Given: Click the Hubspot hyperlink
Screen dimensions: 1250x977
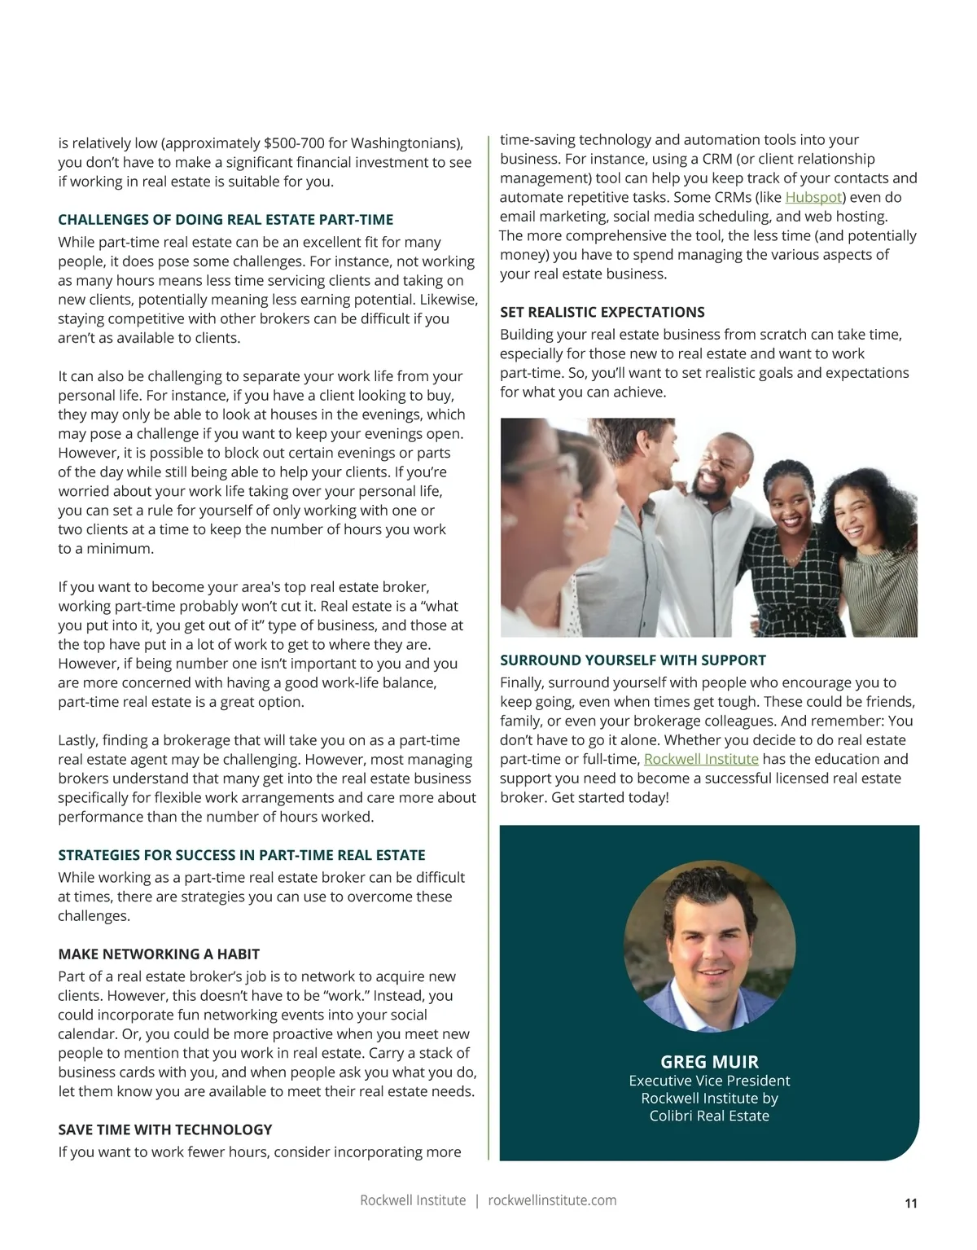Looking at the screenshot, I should tap(813, 198).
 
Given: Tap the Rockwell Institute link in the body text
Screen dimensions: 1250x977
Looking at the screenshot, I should tap(701, 760).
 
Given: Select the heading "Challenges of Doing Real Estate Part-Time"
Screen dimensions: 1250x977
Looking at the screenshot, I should tap(226, 220).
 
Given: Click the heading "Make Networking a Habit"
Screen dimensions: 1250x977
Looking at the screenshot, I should tap(159, 954).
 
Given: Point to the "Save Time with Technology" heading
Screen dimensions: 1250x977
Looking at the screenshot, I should tap(165, 1130).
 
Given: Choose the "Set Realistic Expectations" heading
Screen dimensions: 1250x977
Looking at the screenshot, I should tap(602, 313).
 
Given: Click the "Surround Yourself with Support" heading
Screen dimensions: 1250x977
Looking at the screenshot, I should tap(633, 660).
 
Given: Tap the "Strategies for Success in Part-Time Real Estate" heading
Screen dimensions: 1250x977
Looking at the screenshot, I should tap(242, 856).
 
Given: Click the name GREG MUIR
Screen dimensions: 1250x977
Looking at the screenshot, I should tap(709, 1062).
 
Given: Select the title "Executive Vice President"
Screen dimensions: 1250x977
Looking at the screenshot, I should tap(709, 1081).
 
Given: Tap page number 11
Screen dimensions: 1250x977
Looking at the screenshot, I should tap(911, 1204).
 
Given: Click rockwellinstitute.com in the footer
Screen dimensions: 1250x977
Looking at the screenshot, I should tap(552, 1200).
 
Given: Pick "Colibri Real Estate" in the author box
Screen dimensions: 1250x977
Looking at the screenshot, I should tap(709, 1116).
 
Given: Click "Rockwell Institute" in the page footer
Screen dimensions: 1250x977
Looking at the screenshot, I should tap(413, 1200).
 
